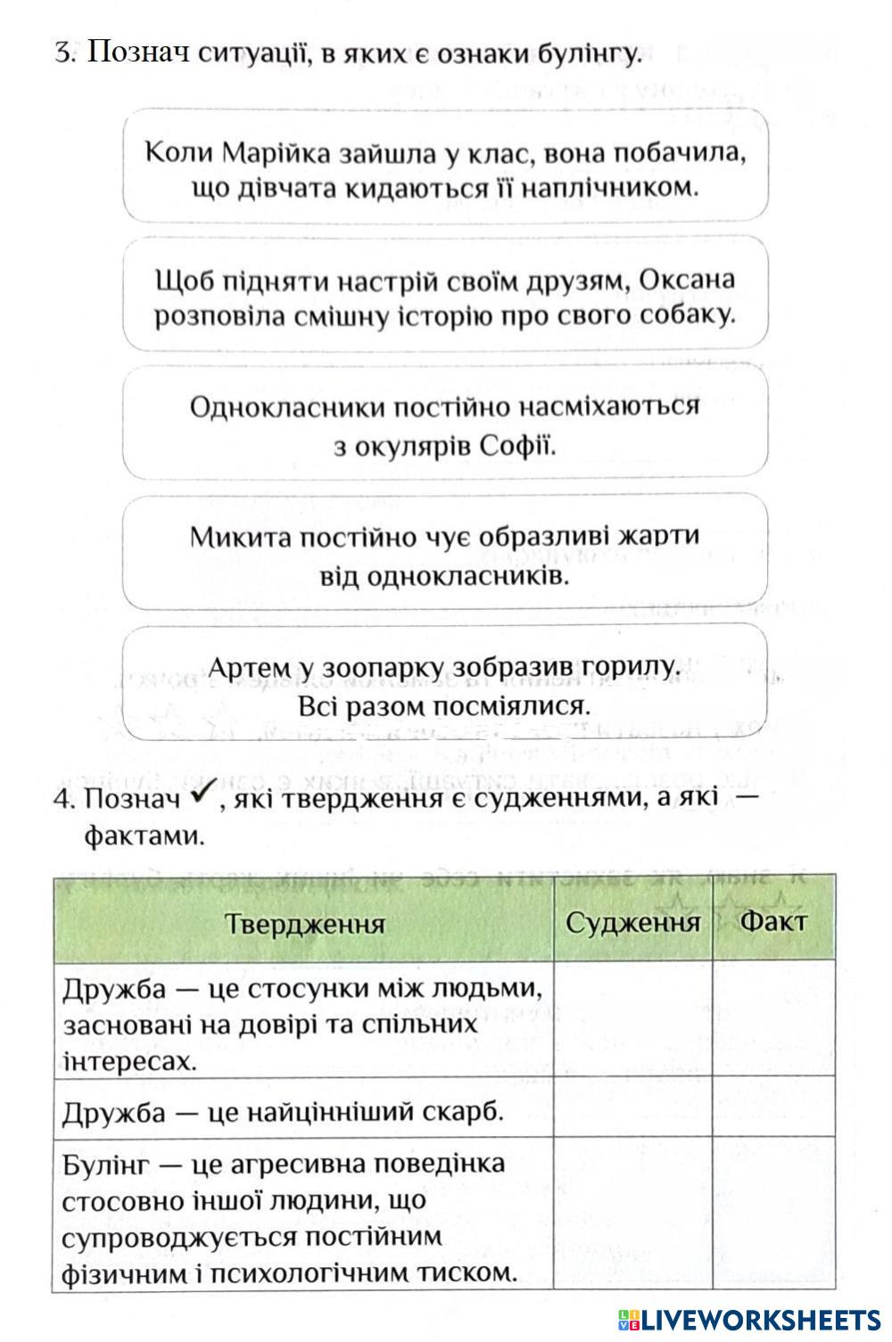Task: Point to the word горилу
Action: pyautogui.click(x=631, y=668)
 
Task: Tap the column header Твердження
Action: pyautogui.click(x=304, y=923)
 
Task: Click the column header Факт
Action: pyautogui.click(x=772, y=921)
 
